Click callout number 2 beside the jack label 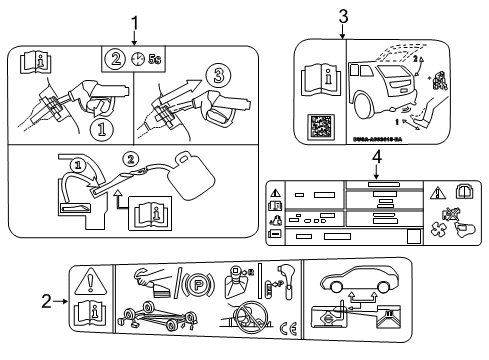(x=47, y=299)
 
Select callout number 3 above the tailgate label (x=342, y=15)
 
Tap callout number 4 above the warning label (x=377, y=157)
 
